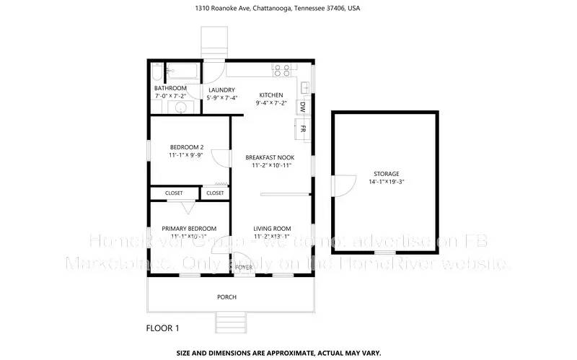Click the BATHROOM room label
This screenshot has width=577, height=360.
tap(170, 89)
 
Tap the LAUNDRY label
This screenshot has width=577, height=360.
tap(222, 89)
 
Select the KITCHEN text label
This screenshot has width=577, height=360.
tap(271, 95)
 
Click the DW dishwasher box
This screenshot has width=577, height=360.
tap(303, 107)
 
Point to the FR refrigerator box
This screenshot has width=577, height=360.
tap(304, 129)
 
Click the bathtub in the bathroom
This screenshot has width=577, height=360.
tap(182, 71)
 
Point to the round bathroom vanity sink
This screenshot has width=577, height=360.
tap(180, 108)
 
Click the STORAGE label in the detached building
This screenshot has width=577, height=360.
tap(386, 174)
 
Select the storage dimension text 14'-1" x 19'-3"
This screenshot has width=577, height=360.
tap(386, 183)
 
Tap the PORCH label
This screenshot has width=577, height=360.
tap(227, 297)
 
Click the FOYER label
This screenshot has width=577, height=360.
tap(244, 267)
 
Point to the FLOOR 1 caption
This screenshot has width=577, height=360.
tap(162, 328)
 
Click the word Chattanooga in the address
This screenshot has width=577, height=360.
tap(263, 9)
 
